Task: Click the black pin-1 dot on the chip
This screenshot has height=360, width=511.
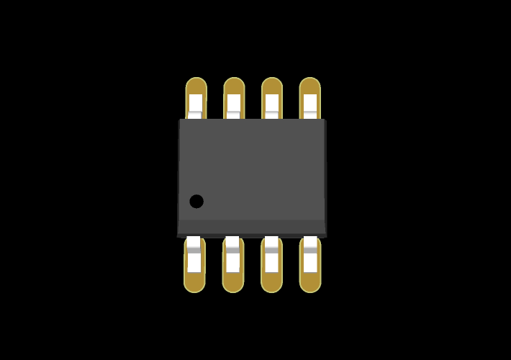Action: pyautogui.click(x=196, y=202)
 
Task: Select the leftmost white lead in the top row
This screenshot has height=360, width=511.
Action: pyautogui.click(x=196, y=104)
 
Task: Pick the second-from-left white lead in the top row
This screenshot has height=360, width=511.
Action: pyautogui.click(x=234, y=104)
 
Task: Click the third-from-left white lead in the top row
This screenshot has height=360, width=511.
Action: pyautogui.click(x=271, y=104)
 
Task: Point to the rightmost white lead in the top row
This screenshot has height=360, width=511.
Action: pyautogui.click(x=309, y=104)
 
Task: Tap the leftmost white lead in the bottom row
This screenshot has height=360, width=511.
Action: pyautogui.click(x=194, y=256)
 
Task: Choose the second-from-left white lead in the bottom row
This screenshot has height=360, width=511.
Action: pyautogui.click(x=232, y=256)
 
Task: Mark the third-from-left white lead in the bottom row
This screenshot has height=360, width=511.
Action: pyautogui.click(x=271, y=256)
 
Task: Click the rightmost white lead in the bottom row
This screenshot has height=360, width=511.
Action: pyautogui.click(x=309, y=256)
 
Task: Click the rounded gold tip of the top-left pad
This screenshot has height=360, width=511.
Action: pyautogui.click(x=196, y=86)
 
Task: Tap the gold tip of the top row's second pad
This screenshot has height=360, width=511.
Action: pyautogui.click(x=234, y=86)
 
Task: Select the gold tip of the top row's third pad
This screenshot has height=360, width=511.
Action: pyautogui.click(x=271, y=86)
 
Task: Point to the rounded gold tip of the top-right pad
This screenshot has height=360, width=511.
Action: pyautogui.click(x=309, y=86)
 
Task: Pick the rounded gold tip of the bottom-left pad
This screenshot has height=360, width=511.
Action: pyautogui.click(x=194, y=283)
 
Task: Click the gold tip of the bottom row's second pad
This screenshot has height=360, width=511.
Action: pyautogui.click(x=232, y=283)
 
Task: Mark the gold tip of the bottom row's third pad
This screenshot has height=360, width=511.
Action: pyautogui.click(x=271, y=283)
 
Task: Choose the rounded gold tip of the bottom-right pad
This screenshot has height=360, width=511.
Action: pyautogui.click(x=309, y=283)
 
